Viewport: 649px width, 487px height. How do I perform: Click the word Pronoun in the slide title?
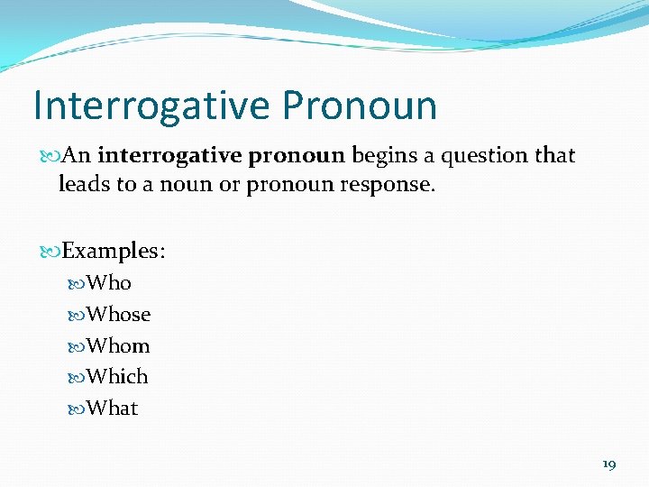pyautogui.click(x=359, y=106)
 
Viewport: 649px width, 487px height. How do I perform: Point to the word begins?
pyautogui.click(x=381, y=156)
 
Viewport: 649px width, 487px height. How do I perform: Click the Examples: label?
pyautogui.click(x=114, y=251)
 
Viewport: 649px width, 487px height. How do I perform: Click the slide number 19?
pyautogui.click(x=608, y=464)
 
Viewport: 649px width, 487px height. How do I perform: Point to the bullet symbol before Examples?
pyautogui.click(x=51, y=252)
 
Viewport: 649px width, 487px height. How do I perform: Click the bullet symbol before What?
pyautogui.click(x=78, y=409)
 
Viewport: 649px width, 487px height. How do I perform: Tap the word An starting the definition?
pyautogui.click(x=78, y=156)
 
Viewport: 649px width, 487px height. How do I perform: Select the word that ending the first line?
pyautogui.click(x=554, y=156)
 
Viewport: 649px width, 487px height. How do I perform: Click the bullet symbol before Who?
pyautogui.click(x=78, y=284)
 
